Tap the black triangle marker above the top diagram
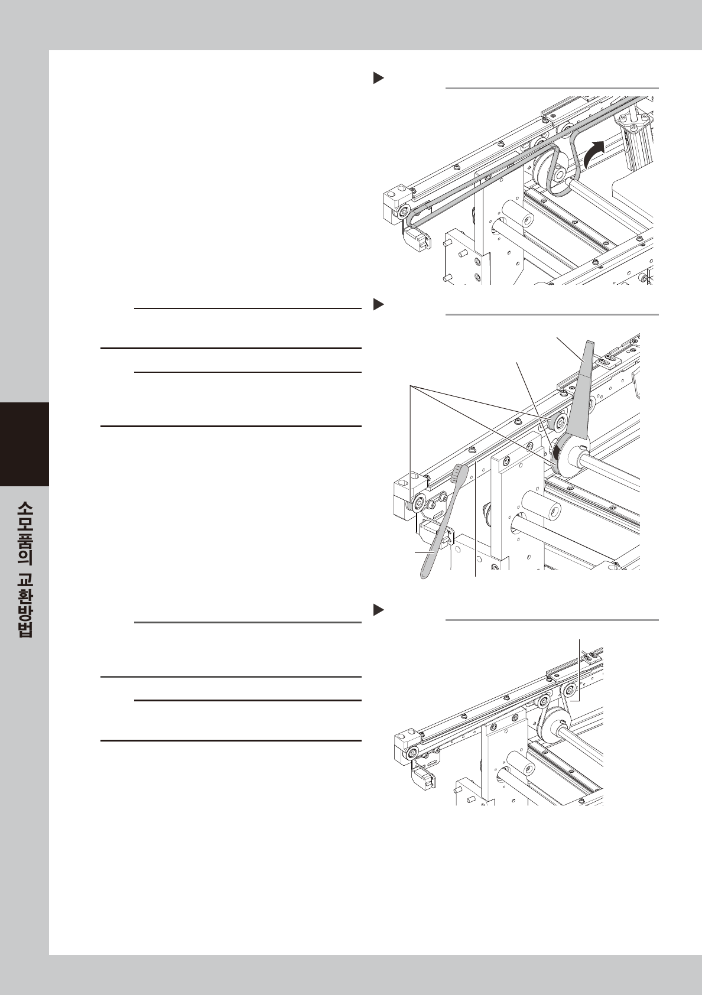point(379,78)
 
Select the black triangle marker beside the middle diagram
point(379,304)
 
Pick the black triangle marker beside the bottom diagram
point(379,610)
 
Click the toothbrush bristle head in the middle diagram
point(460,473)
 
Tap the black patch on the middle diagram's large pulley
point(556,453)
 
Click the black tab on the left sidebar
point(24,444)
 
